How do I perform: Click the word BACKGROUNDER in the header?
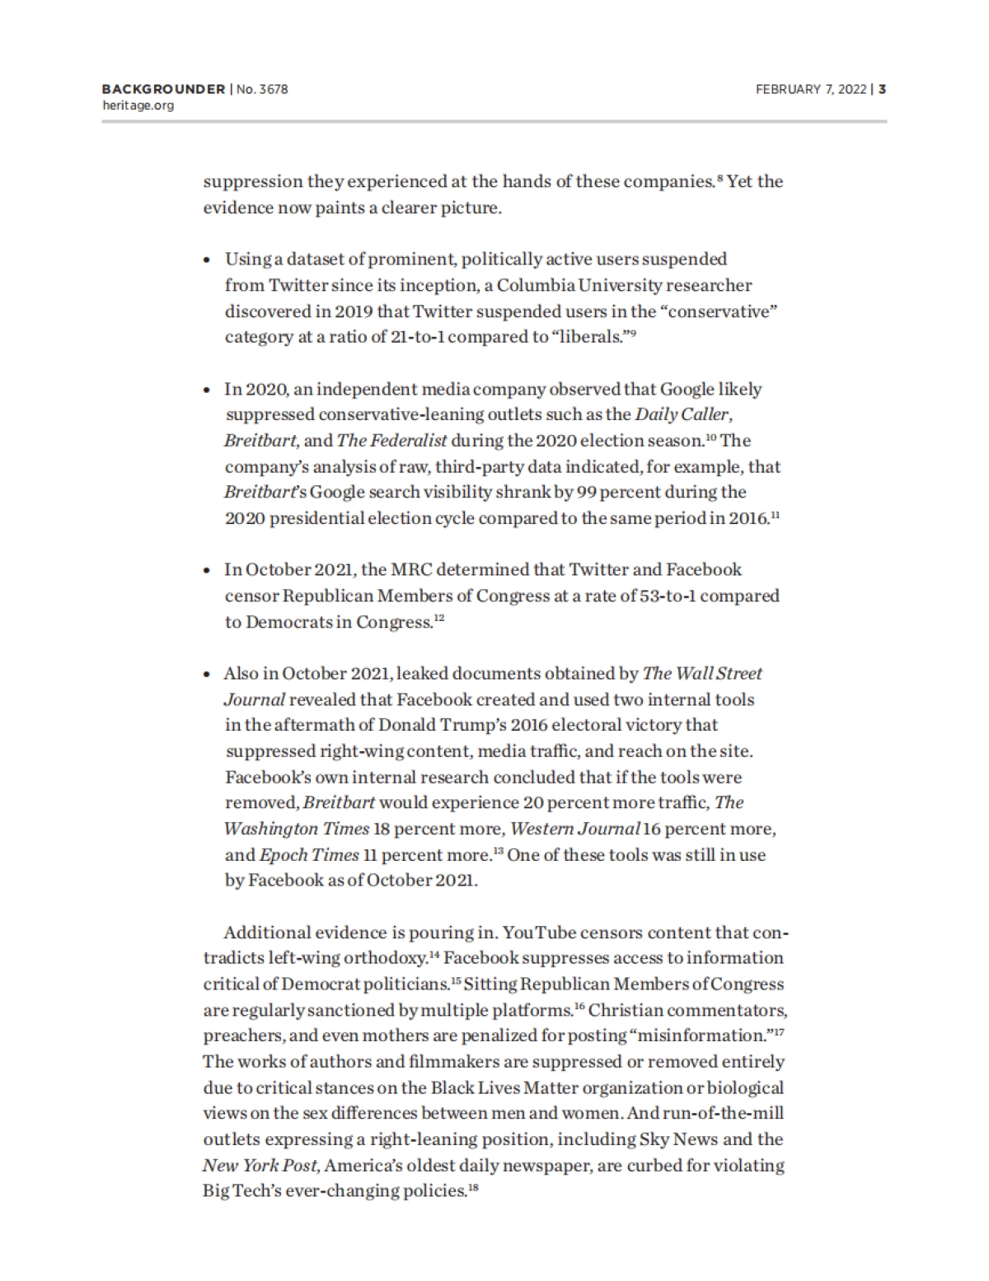click(x=163, y=89)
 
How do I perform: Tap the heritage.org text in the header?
click(x=138, y=105)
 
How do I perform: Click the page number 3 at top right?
click(x=882, y=89)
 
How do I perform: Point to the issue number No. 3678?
click(x=262, y=89)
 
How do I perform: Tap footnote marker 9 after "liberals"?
click(x=632, y=333)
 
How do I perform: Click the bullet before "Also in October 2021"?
click(x=208, y=675)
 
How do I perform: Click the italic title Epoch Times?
click(x=309, y=855)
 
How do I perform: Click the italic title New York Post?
click(x=252, y=1166)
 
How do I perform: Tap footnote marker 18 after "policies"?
click(x=473, y=1187)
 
